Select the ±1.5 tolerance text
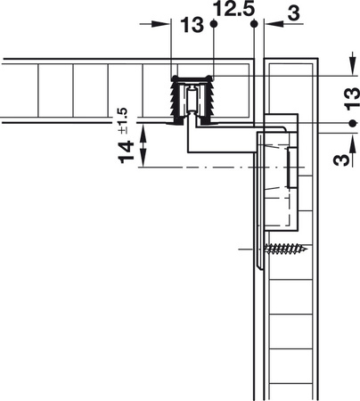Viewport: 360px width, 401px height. pyautogui.click(x=122, y=117)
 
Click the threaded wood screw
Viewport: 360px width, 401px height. pyautogui.click(x=285, y=249)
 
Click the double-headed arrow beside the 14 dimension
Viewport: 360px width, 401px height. pyautogui.click(x=146, y=146)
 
